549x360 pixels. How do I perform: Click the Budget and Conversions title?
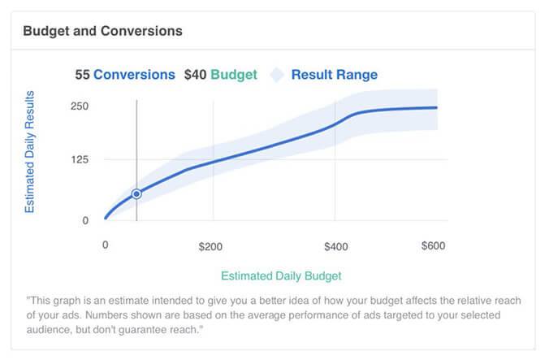click(102, 32)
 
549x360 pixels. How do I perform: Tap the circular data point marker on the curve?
click(136, 193)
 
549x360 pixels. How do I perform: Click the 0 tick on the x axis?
click(105, 245)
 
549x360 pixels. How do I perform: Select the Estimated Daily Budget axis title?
click(281, 275)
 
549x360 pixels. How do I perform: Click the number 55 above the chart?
click(82, 75)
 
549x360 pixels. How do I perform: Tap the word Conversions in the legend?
click(134, 75)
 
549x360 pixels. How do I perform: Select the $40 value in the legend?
click(196, 75)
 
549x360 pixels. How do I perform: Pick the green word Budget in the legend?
click(234, 75)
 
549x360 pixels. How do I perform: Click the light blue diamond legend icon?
click(277, 75)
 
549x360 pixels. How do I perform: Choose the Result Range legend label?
click(334, 75)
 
